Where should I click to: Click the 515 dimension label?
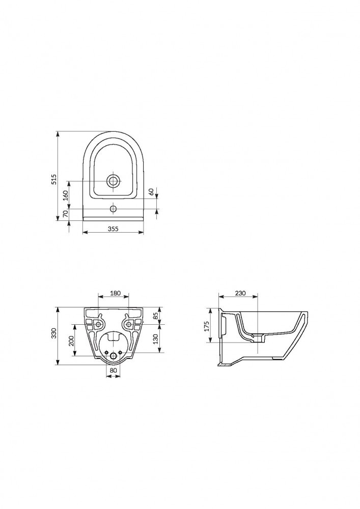coord(54,179)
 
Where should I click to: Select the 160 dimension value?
coord(66,195)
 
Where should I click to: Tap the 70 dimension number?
coord(66,214)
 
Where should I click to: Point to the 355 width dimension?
coord(113,229)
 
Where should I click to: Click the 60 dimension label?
coord(151,192)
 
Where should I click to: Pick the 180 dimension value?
coord(115,293)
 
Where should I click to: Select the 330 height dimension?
coord(54,334)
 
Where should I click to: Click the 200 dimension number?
coord(72,341)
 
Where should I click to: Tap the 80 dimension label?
coord(113,370)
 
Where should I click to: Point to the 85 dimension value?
coord(156,315)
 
